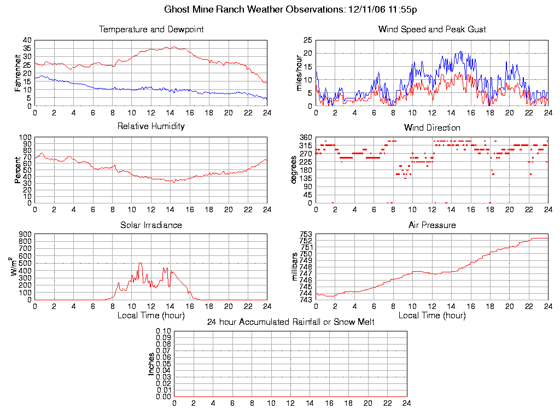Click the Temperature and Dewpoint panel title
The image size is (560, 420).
(151, 29)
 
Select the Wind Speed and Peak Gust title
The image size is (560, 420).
(432, 29)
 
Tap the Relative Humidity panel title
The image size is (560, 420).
(151, 126)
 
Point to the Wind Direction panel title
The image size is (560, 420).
(432, 127)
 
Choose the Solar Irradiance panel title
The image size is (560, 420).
(151, 225)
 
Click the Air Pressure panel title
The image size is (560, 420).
(432, 225)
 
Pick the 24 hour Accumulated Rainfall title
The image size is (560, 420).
(290, 322)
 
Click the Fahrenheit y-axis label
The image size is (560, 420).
(17, 73)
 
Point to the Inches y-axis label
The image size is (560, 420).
(151, 364)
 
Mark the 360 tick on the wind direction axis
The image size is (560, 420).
(305, 137)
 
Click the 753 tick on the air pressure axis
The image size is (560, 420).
(305, 235)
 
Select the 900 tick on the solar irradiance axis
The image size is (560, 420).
(26, 235)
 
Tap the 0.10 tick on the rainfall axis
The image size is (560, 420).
(164, 331)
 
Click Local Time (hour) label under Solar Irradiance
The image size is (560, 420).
(151, 315)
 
